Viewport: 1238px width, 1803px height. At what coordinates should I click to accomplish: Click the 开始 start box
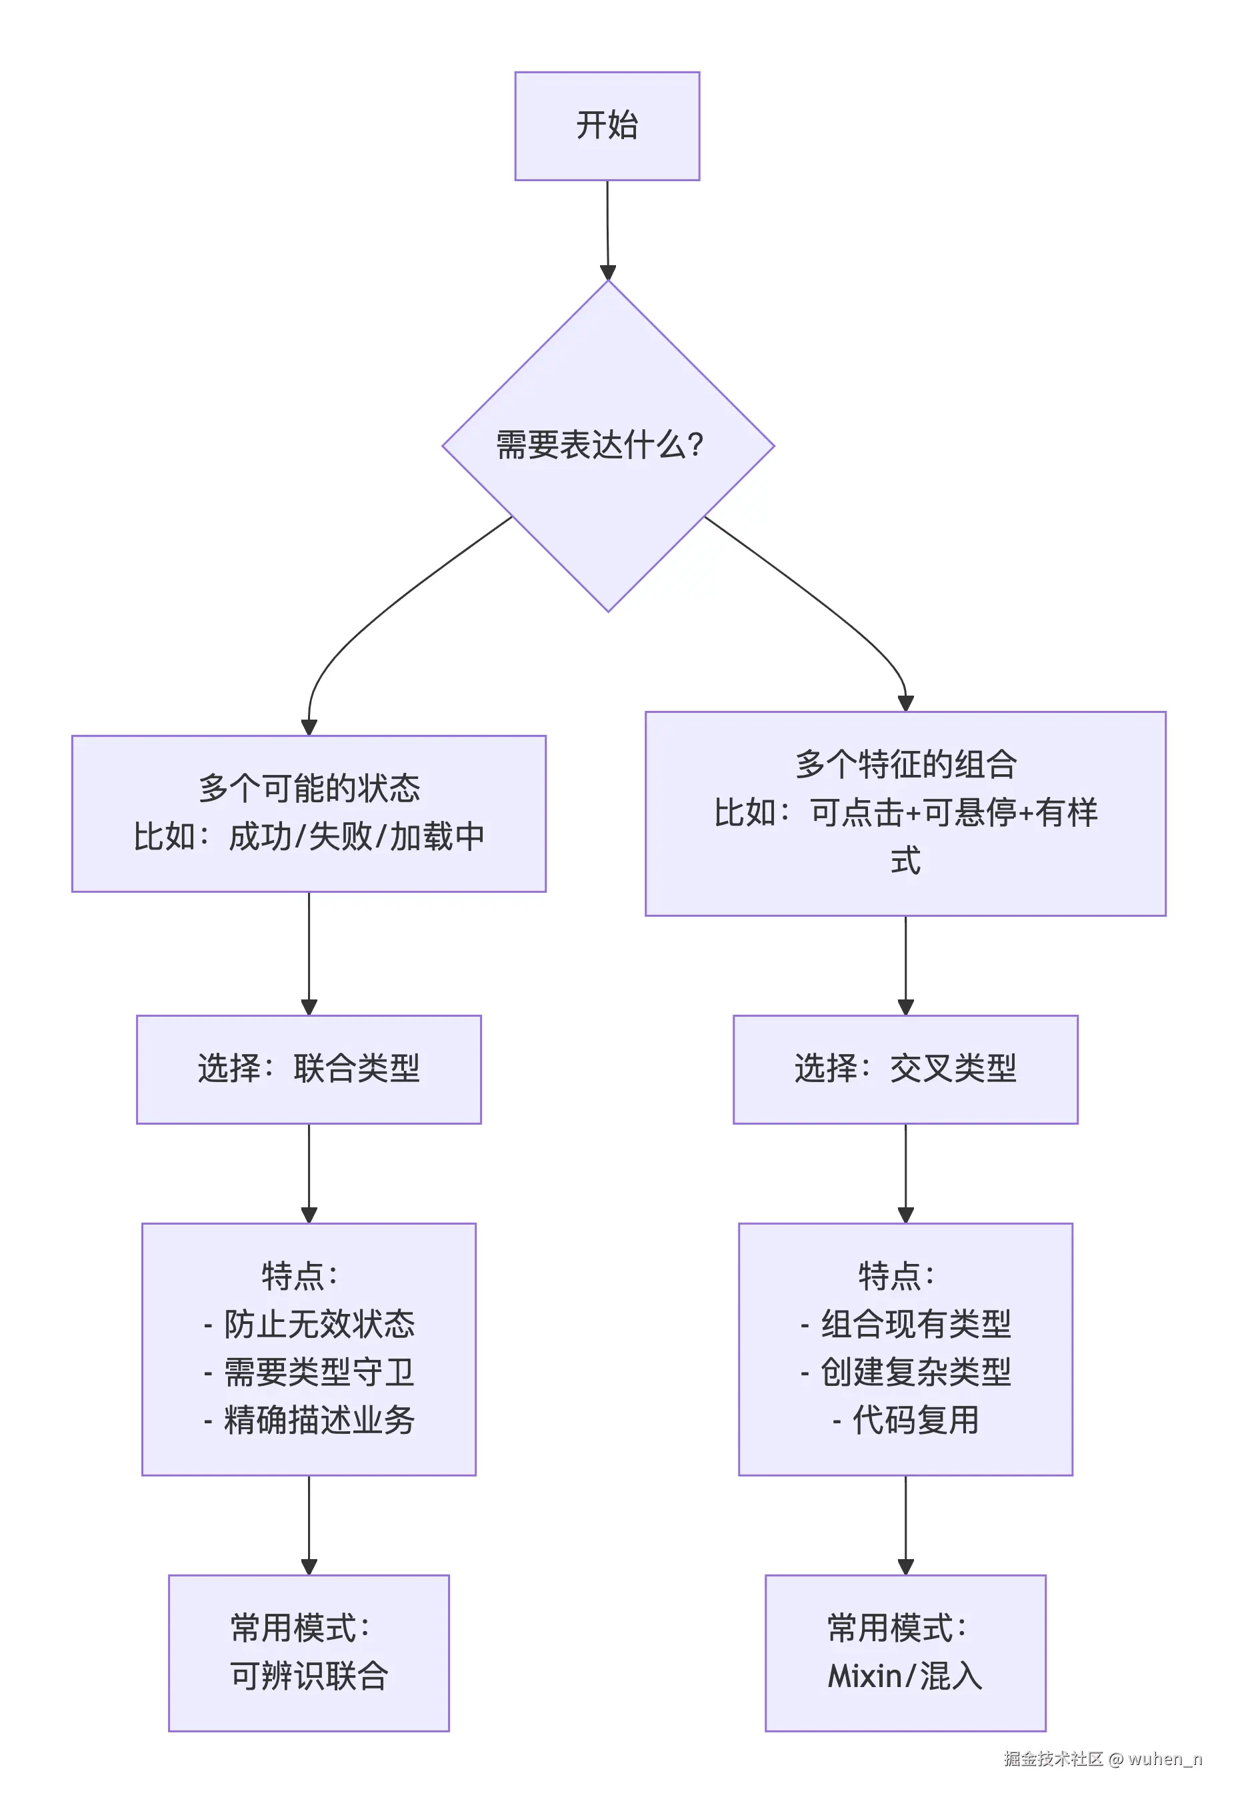(607, 126)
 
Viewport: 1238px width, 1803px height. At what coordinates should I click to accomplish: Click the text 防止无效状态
(319, 1323)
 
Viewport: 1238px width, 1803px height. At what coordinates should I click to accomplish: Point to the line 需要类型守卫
(319, 1372)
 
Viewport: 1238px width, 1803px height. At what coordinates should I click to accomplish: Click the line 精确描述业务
(319, 1420)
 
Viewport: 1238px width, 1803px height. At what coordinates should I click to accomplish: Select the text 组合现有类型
(916, 1323)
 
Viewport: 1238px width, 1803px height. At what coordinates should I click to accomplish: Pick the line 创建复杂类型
(916, 1372)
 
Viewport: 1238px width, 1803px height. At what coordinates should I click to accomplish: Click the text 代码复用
(916, 1420)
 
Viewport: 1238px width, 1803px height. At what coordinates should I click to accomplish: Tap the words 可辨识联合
(309, 1676)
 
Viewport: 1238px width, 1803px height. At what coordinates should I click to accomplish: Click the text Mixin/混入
(905, 1676)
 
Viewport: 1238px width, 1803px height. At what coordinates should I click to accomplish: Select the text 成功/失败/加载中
(357, 836)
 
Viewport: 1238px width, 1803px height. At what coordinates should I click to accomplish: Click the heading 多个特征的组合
(905, 764)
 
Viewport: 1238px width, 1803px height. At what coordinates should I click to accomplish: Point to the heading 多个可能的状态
(309, 788)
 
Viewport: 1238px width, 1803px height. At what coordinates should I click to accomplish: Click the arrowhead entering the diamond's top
(608, 273)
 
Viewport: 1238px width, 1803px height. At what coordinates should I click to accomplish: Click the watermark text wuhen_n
(1164, 1758)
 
